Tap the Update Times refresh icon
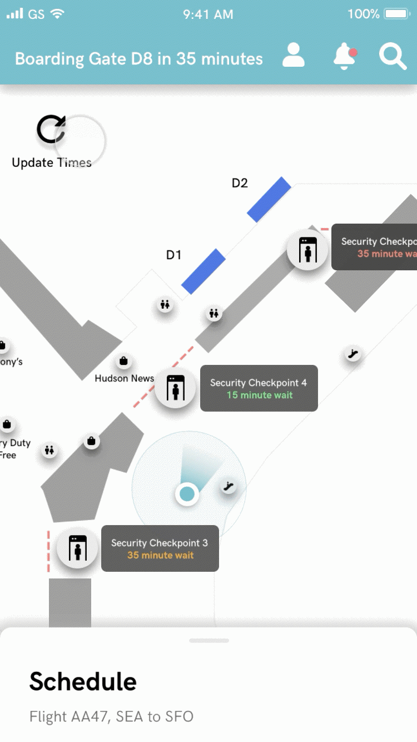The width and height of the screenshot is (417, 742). click(51, 129)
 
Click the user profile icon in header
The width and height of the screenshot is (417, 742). click(294, 56)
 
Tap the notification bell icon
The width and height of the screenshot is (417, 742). click(345, 56)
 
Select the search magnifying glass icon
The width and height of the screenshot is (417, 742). click(393, 56)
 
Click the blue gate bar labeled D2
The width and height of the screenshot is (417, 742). click(269, 200)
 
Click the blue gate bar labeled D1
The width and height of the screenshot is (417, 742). click(203, 271)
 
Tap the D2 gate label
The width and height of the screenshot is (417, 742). click(240, 183)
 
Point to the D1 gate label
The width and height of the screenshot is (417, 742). click(174, 255)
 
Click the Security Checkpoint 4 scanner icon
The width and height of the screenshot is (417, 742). click(176, 388)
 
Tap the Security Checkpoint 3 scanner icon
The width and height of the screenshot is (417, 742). click(77, 548)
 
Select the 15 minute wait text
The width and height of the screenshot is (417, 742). click(259, 395)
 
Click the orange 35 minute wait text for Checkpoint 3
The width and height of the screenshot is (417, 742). click(160, 555)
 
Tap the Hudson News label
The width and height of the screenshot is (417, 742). click(124, 378)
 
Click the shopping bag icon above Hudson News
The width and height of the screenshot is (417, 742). click(123, 362)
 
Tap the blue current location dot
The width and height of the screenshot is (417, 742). click(187, 493)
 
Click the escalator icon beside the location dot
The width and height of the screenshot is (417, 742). click(227, 487)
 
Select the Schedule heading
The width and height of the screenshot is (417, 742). click(83, 681)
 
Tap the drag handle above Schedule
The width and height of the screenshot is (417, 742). click(209, 641)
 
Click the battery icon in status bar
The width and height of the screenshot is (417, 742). click(397, 14)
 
